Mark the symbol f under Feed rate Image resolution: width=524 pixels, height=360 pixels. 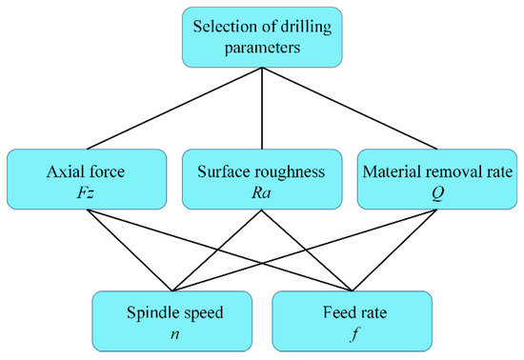[x=352, y=332]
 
